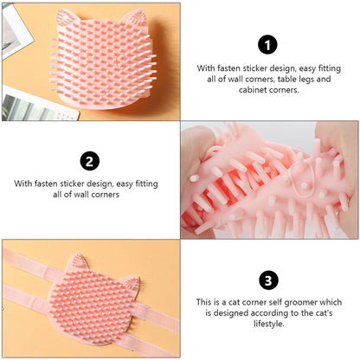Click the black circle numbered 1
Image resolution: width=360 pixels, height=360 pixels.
click(268, 45)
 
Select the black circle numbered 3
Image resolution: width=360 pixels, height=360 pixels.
click(268, 280)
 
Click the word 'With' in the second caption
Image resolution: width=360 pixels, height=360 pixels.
click(23, 183)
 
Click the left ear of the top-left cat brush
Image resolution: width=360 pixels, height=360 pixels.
click(65, 15)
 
